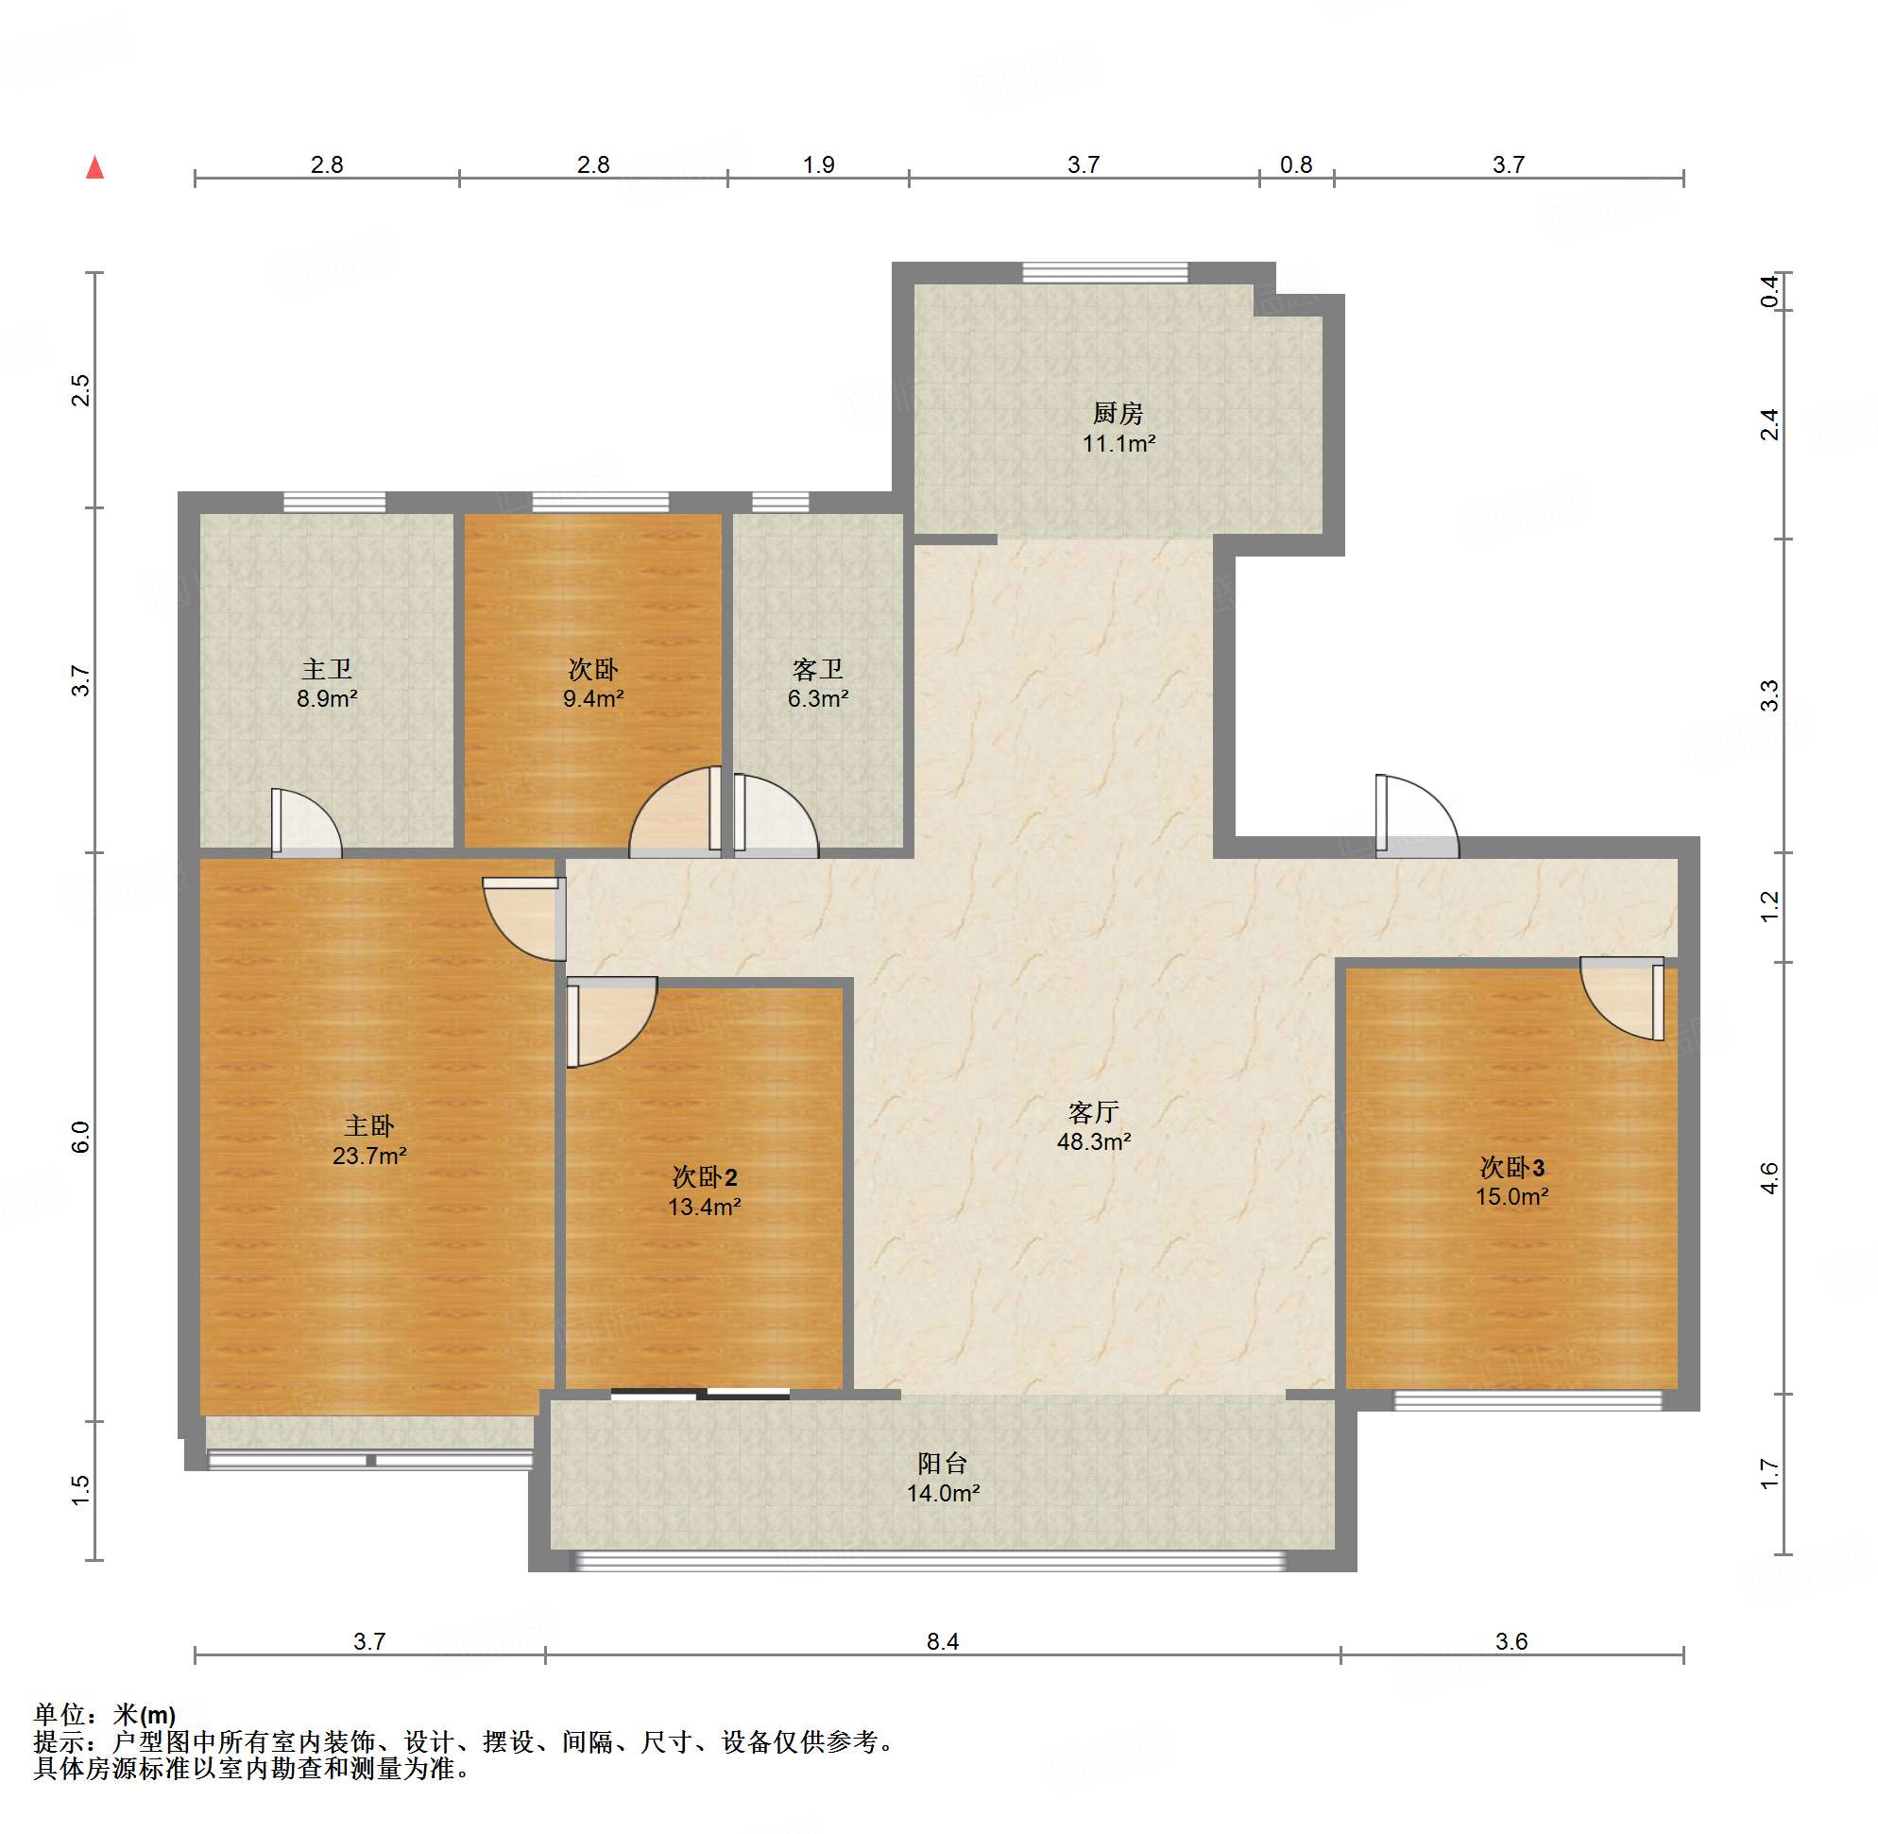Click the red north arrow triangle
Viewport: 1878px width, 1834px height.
point(94,167)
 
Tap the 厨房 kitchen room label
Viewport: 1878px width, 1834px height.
point(1118,413)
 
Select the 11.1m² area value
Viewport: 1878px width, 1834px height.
point(1118,444)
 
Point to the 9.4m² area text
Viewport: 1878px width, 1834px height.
point(593,698)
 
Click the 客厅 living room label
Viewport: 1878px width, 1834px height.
point(1093,1112)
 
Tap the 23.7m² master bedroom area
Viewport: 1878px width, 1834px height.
point(368,1156)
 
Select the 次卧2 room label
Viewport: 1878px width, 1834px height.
point(705,1177)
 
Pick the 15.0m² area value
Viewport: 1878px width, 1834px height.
point(1512,1196)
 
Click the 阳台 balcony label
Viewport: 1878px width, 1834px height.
point(942,1464)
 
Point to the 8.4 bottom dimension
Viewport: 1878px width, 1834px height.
point(943,1641)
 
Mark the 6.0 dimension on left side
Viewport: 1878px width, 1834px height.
point(81,1137)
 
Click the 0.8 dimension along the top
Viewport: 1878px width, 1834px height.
point(1296,164)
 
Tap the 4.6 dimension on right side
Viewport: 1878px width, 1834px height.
point(1770,1177)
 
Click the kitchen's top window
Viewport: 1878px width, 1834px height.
point(1104,272)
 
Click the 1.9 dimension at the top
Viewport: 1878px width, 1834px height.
point(819,164)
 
